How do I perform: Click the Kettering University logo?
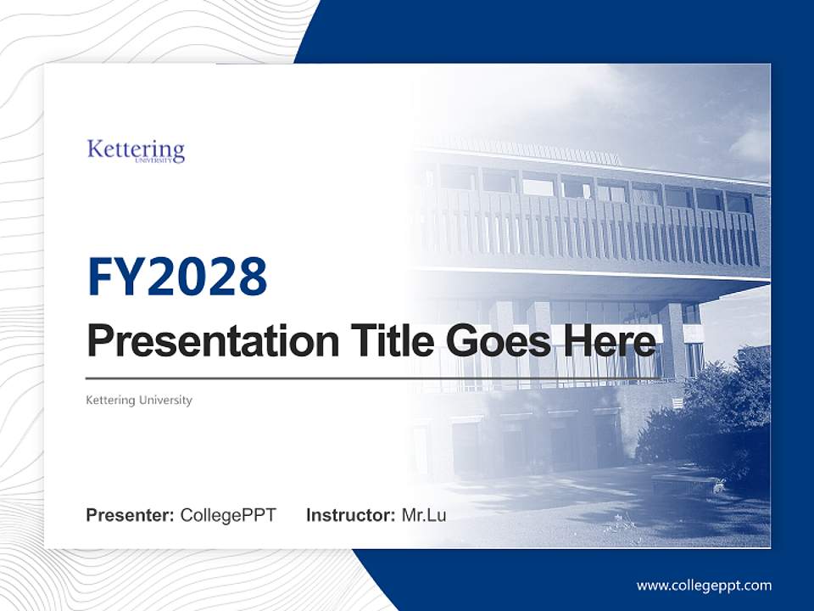[x=136, y=151]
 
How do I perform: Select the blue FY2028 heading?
[x=177, y=277]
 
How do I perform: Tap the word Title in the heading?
[x=385, y=342]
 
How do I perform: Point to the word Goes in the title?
[x=494, y=342]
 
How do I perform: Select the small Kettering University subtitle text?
[x=139, y=400]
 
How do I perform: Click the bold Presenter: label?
[x=130, y=515]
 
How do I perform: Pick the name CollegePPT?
[x=228, y=515]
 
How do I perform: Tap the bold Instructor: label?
[x=350, y=515]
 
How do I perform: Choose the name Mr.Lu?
[x=424, y=515]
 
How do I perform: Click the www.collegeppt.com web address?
[x=704, y=585]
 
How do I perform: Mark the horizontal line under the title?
[x=373, y=378]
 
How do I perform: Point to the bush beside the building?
[x=721, y=407]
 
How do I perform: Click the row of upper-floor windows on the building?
[x=594, y=189]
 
